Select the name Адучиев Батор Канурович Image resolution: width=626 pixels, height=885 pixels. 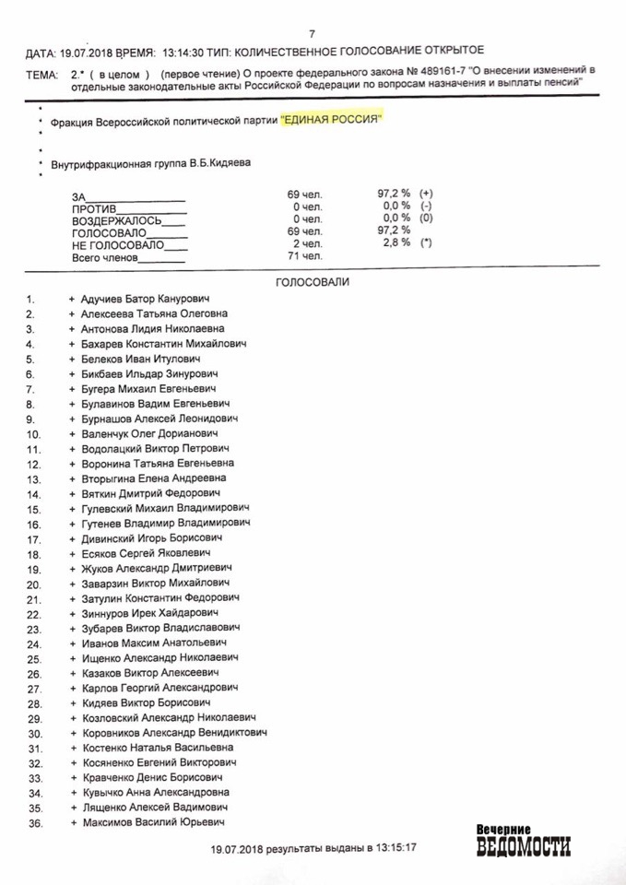[x=146, y=300]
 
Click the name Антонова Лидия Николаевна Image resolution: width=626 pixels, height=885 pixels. [x=152, y=328]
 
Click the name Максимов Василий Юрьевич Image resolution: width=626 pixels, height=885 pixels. [x=153, y=822]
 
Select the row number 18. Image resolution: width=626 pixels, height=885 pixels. [x=33, y=554]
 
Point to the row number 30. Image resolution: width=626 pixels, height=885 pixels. [x=34, y=734]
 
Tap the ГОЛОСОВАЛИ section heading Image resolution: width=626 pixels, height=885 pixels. [x=313, y=280]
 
